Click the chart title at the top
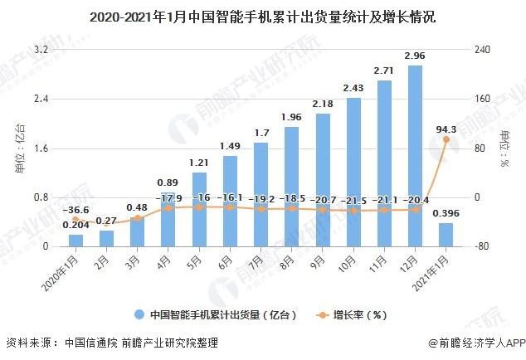(x=263, y=16)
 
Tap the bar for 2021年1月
(x=446, y=235)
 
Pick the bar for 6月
(x=230, y=202)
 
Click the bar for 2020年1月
(x=75, y=241)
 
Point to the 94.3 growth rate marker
(x=446, y=139)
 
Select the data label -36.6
(x=75, y=211)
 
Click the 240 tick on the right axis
(x=483, y=50)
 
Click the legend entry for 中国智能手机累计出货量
(x=210, y=315)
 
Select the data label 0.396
(x=446, y=213)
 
